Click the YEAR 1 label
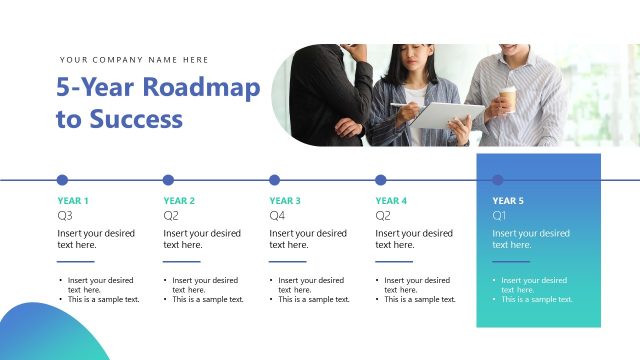(73, 200)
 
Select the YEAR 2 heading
(179, 200)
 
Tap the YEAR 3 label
(285, 200)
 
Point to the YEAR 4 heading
(391, 200)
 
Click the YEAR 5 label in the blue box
(508, 200)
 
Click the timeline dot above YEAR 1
(62, 180)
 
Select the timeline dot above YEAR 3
(274, 180)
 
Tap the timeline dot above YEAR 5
(498, 180)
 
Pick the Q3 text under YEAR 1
(65, 215)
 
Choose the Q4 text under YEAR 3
(277, 215)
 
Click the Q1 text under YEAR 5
(500, 215)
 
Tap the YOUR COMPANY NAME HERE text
(134, 60)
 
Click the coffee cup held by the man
(508, 98)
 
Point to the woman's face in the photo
(415, 66)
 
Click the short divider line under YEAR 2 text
(182, 261)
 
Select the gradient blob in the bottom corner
(45, 335)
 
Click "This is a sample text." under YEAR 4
(420, 299)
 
